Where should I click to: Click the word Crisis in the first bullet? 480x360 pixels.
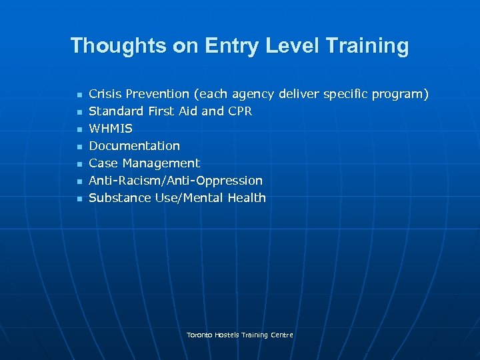(105, 94)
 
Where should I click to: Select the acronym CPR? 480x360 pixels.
(240, 111)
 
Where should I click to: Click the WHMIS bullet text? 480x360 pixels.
(111, 129)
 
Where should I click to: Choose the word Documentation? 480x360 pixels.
(134, 146)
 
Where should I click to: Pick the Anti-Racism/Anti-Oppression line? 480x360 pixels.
(175, 181)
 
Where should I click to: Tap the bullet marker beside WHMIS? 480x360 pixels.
(79, 129)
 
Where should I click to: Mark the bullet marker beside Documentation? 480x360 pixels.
(79, 147)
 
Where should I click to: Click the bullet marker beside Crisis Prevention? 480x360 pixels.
(79, 95)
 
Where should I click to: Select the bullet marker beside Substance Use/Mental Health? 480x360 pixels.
(79, 199)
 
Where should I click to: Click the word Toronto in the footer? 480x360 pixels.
(199, 335)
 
